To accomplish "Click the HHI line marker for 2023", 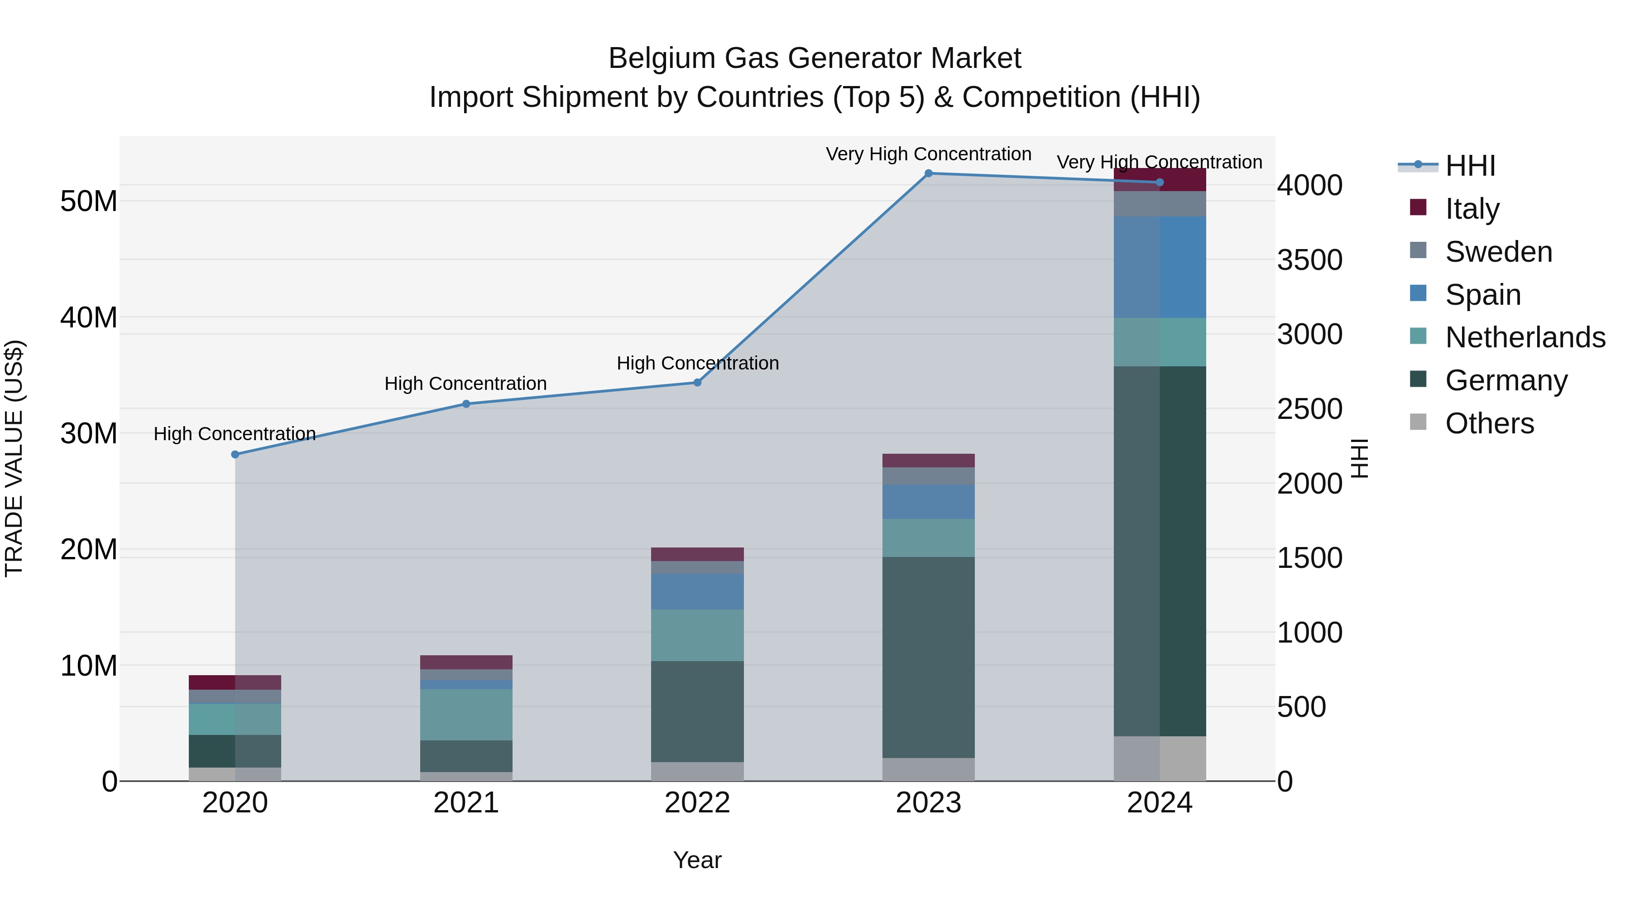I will pos(928,173).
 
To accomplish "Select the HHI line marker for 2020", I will pos(235,454).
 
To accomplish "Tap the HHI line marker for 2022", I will pos(697,382).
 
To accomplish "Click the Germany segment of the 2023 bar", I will pos(928,657).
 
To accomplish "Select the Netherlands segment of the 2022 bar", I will pos(697,635).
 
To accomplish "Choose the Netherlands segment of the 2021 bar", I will pos(466,715).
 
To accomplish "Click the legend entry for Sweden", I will pos(1498,252).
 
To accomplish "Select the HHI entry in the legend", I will pos(1469,166).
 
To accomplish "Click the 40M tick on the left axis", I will pos(89,318).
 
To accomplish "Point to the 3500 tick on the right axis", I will pos(1309,260).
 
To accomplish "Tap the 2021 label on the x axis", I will pos(466,803).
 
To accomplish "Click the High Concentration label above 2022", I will pos(697,363).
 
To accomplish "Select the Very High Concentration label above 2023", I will pos(928,154).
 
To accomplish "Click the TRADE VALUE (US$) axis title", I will pos(14,458).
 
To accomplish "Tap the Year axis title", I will pos(697,860).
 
